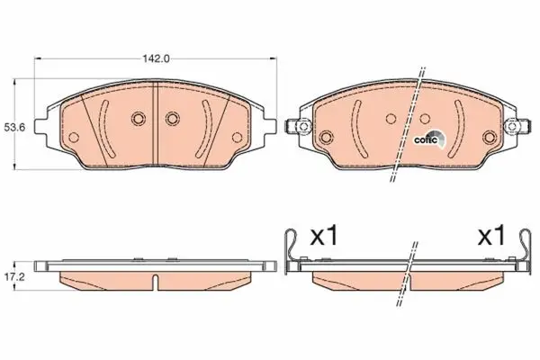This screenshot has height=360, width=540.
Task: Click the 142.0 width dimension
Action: click(x=157, y=58)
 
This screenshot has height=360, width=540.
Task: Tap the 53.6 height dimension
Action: click(x=14, y=128)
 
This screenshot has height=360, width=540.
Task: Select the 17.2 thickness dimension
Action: click(x=14, y=276)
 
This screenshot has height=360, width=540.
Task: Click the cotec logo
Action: click(x=429, y=139)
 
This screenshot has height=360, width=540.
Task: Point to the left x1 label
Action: click(x=324, y=237)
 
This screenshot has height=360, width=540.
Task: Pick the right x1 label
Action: click(x=491, y=237)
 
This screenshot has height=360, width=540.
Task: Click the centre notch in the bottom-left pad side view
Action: click(x=156, y=282)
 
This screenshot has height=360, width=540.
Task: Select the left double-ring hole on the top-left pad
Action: click(x=138, y=119)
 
